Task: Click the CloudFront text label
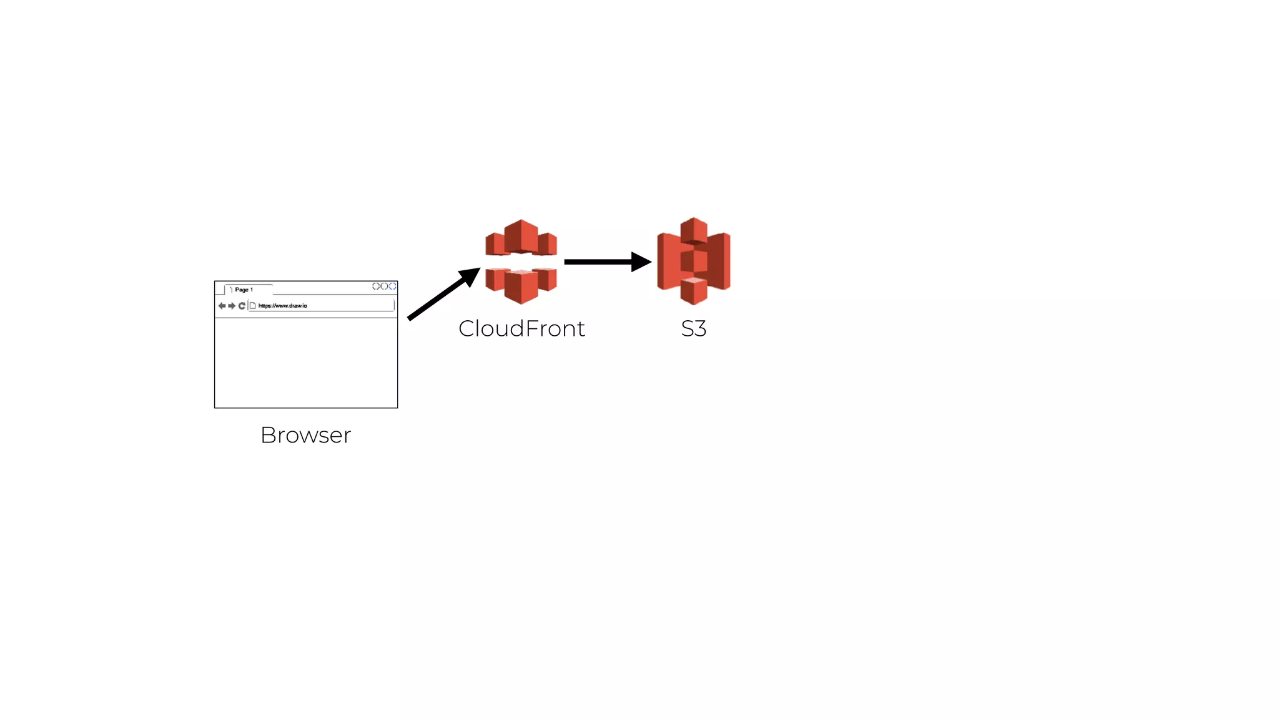521,329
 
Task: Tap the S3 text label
693,329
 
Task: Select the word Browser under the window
305,435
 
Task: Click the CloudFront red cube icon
521,262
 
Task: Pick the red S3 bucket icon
693,261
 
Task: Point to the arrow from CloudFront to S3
600,262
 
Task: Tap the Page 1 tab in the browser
244,290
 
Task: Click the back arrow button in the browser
222,306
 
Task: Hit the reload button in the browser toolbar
242,306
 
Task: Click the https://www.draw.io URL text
283,306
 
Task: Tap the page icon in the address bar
253,306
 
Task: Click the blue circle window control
393,286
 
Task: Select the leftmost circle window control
376,286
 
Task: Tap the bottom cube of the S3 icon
693,290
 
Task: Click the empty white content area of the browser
306,363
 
